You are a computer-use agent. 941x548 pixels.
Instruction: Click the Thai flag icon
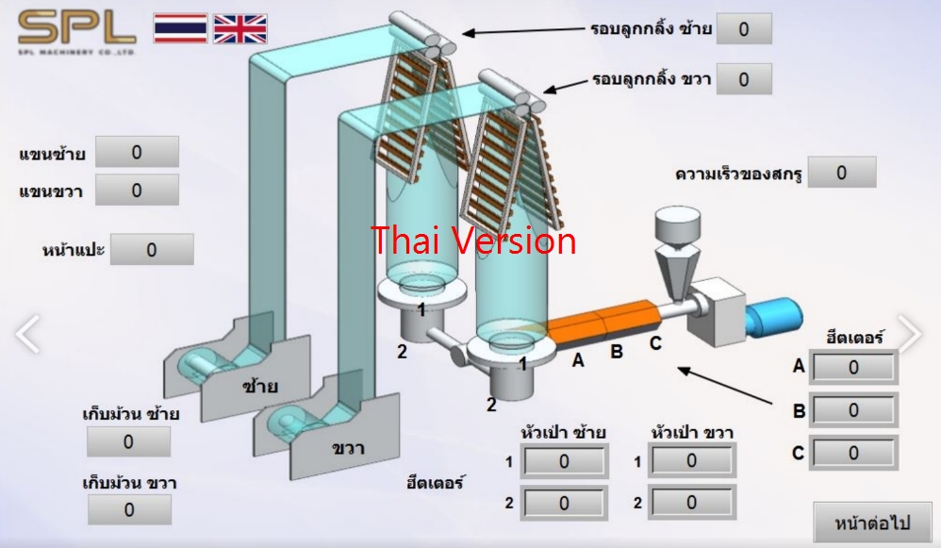pos(181,28)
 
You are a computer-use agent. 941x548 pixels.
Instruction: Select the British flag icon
pos(240,28)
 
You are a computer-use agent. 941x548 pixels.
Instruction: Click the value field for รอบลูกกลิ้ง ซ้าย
pos(744,29)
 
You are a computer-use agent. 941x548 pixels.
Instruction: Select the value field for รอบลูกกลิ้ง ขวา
pos(744,79)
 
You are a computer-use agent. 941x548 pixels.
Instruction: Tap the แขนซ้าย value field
pos(137,152)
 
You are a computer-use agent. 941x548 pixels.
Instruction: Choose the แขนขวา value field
pos(137,190)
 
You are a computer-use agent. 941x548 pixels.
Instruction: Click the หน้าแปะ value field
pos(152,250)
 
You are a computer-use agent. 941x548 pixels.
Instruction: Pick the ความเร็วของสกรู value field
pos(842,172)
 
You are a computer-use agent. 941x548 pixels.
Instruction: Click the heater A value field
pos(854,368)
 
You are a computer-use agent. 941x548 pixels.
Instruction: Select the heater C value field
pos(854,453)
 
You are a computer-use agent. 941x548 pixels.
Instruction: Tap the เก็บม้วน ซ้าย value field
pos(129,441)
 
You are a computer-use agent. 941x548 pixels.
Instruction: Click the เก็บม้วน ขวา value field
pos(129,510)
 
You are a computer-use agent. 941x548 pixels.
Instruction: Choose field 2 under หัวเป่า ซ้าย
pos(564,504)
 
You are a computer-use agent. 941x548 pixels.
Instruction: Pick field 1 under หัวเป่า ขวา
pos(692,461)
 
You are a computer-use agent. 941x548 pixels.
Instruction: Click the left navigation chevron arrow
pos(27,333)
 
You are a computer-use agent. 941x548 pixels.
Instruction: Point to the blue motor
pos(772,317)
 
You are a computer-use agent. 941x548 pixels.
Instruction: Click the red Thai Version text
pos(473,241)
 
